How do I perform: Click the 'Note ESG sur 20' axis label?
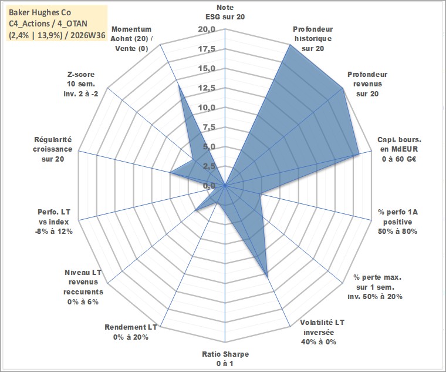click(225, 12)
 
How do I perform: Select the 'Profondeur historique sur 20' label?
click(313, 39)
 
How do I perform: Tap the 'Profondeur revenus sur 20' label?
click(367, 84)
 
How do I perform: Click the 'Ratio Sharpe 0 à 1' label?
click(225, 358)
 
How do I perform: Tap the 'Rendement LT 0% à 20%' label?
click(130, 332)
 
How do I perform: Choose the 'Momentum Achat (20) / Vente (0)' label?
click(131, 39)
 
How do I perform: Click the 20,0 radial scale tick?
click(207, 29)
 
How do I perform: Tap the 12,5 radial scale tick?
click(207, 88)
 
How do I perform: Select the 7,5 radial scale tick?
click(209, 127)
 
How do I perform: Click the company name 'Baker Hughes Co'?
click(40, 12)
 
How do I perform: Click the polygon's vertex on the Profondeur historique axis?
click(290, 45)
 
